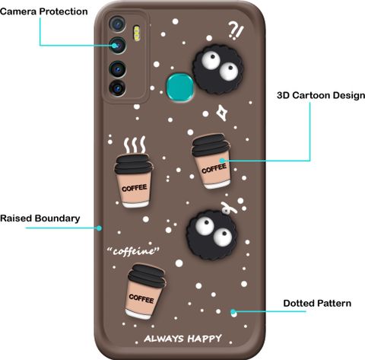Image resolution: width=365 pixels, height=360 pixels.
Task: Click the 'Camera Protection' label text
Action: (x=44, y=11)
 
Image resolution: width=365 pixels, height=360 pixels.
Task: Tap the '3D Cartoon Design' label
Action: (x=321, y=95)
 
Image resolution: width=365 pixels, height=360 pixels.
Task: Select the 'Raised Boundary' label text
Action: (x=40, y=218)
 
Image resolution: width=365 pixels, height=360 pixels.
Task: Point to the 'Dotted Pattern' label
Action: (x=317, y=304)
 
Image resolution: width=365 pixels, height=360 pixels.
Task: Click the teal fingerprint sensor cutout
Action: (x=180, y=87)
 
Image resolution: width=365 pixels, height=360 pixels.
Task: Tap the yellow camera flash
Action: (x=137, y=33)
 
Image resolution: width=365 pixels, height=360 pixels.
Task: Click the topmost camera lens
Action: (x=117, y=24)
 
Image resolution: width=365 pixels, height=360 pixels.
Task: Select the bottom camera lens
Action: (x=117, y=88)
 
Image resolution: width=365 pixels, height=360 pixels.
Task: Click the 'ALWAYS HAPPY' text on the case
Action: (x=182, y=339)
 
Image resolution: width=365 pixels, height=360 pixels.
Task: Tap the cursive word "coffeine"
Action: (x=133, y=251)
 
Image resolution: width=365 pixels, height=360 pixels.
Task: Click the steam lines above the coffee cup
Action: (x=135, y=145)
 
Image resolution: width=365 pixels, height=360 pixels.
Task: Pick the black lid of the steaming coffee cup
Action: (x=134, y=164)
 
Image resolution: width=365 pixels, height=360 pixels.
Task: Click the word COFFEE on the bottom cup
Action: (x=141, y=298)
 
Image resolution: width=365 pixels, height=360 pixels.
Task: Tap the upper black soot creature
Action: (x=217, y=69)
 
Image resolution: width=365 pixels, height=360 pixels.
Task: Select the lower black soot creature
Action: (x=212, y=235)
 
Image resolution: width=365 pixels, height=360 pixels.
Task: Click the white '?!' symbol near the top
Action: (x=236, y=30)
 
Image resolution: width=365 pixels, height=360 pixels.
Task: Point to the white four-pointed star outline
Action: (x=222, y=113)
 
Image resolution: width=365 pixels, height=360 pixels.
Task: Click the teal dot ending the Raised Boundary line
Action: (x=100, y=228)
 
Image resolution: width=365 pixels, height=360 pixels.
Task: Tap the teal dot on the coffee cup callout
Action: (x=222, y=161)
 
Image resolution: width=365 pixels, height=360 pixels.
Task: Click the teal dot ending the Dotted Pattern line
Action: (x=233, y=312)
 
